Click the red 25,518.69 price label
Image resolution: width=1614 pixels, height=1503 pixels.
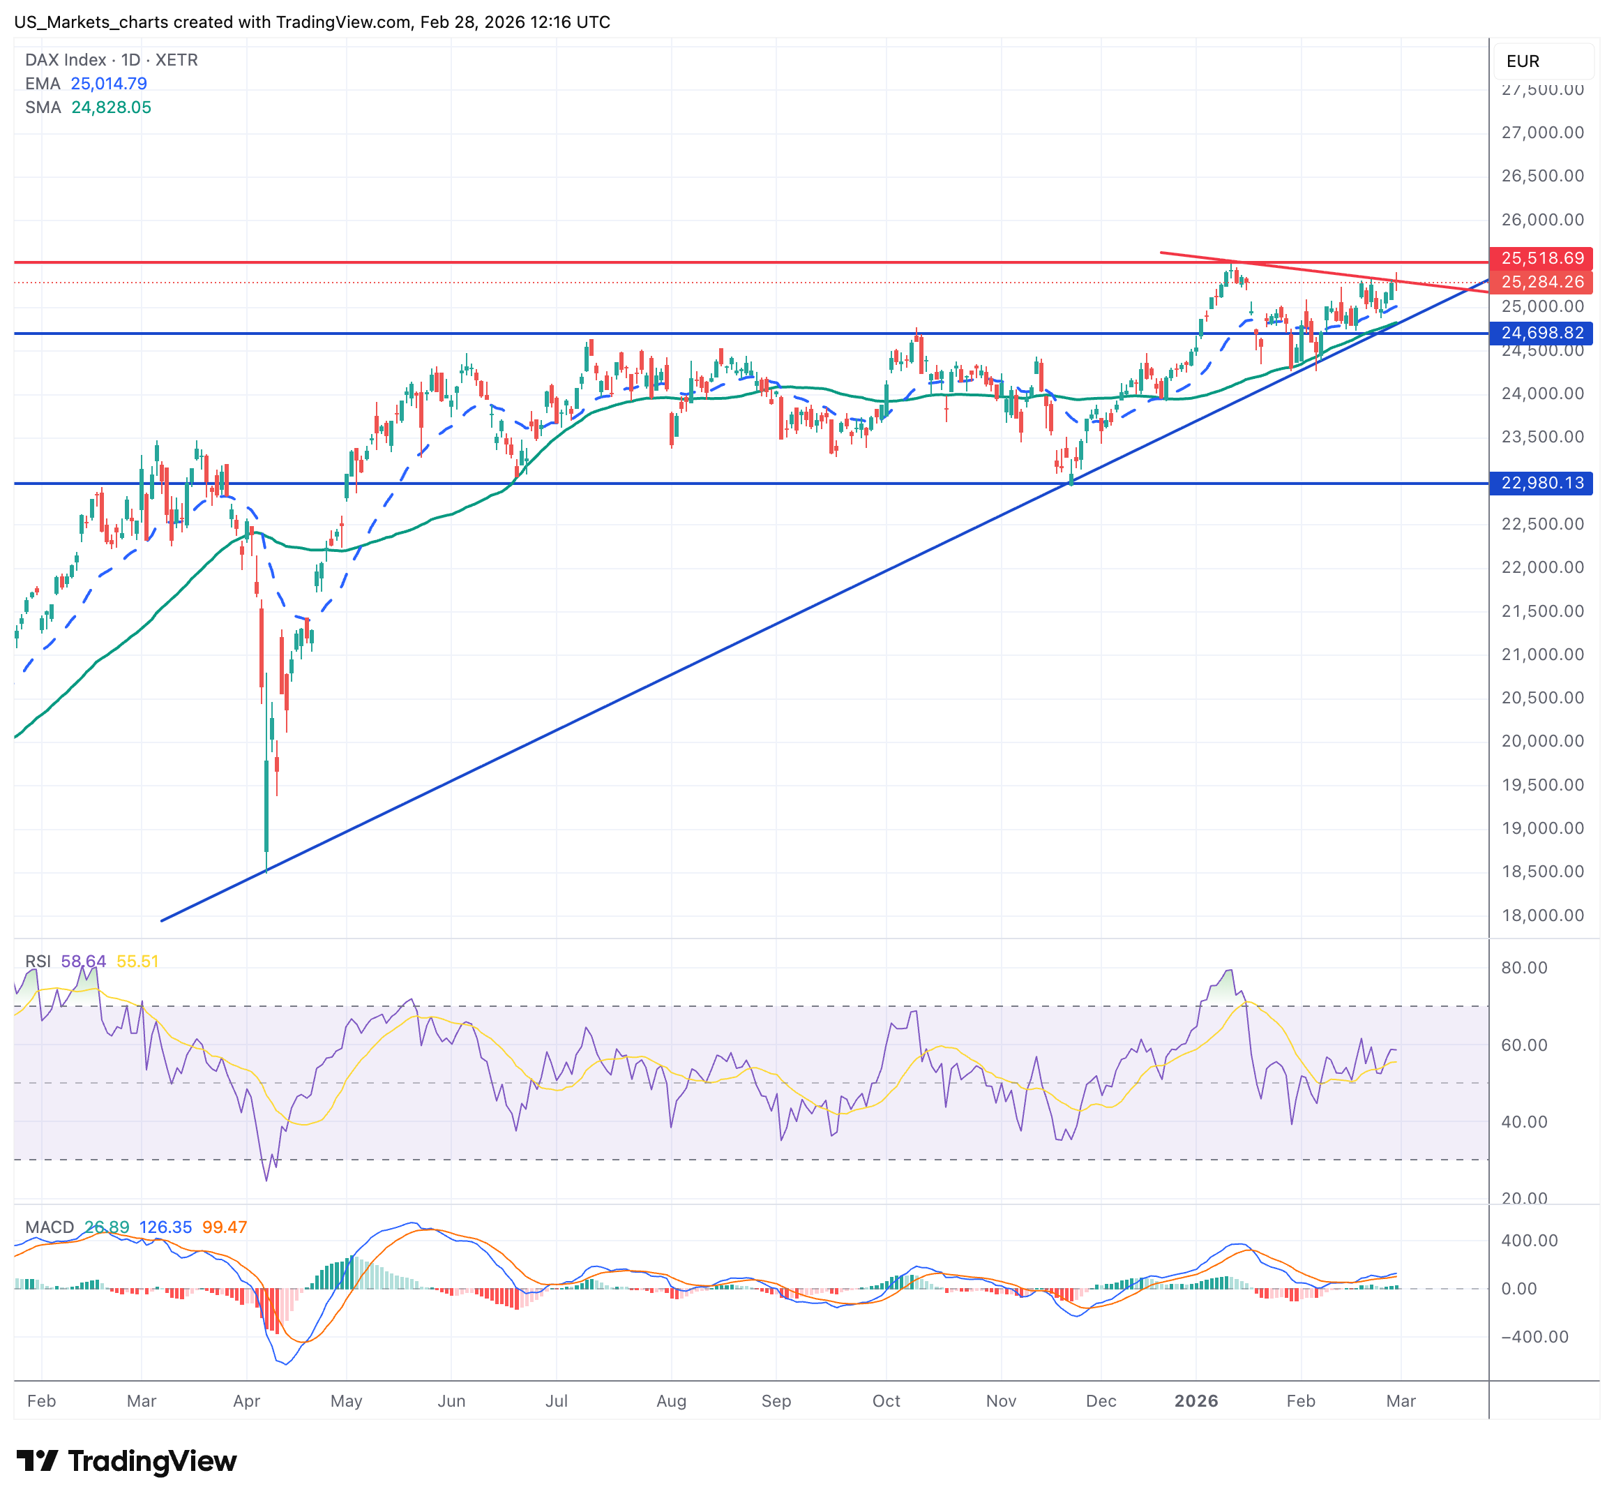[x=1541, y=258]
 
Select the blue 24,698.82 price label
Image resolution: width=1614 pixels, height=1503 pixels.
[x=1541, y=333]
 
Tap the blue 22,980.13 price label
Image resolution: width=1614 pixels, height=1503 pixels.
[x=1541, y=483]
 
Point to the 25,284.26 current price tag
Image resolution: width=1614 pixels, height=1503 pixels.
[x=1541, y=282]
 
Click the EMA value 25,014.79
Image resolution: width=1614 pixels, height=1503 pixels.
[x=109, y=84]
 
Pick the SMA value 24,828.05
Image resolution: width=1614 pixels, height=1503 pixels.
[x=111, y=107]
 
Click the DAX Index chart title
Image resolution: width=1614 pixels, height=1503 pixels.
[x=111, y=60]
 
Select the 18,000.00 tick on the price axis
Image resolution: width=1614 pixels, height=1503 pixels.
[x=1541, y=915]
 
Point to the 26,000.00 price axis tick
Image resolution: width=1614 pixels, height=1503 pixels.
[x=1541, y=219]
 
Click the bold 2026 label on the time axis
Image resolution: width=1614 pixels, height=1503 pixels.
[x=1196, y=1400]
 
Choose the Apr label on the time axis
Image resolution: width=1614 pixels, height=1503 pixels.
[x=247, y=1400]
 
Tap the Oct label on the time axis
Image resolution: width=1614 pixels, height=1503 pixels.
[x=886, y=1400]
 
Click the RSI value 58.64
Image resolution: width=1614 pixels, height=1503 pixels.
[x=84, y=962]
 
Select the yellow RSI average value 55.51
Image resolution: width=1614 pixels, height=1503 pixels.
[x=137, y=962]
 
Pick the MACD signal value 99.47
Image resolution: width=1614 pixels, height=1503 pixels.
[x=224, y=1227]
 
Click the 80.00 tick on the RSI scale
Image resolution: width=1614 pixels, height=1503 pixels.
[x=1524, y=967]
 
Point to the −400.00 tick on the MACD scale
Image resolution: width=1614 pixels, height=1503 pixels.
[x=1534, y=1336]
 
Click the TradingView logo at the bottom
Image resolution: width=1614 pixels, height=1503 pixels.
[x=127, y=1460]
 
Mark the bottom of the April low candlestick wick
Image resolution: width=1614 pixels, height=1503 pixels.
[x=266, y=872]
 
